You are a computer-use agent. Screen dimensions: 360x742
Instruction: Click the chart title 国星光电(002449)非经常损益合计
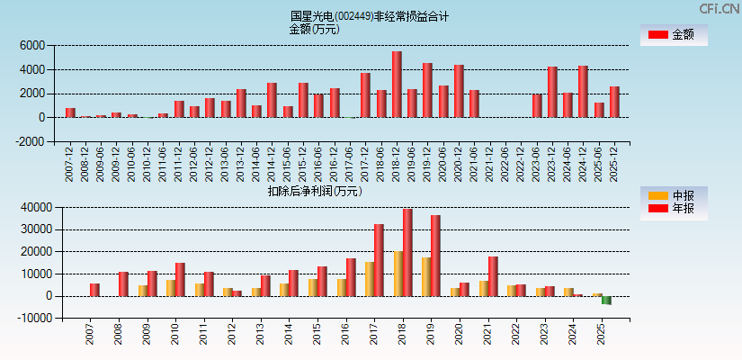370,16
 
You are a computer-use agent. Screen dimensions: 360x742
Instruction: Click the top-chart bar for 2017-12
365,95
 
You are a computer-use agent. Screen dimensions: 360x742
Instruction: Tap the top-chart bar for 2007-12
70,112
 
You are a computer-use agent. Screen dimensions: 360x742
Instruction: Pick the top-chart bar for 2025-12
614,102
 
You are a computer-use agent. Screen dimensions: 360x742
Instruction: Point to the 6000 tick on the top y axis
32,45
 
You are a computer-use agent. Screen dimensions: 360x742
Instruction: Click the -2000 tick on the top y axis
30,141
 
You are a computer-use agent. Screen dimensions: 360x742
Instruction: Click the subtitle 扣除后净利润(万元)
314,191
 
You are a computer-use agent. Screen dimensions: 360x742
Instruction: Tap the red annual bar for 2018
407,253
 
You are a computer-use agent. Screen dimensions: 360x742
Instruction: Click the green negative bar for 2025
606,301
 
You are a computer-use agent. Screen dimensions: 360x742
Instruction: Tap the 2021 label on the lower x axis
487,336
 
